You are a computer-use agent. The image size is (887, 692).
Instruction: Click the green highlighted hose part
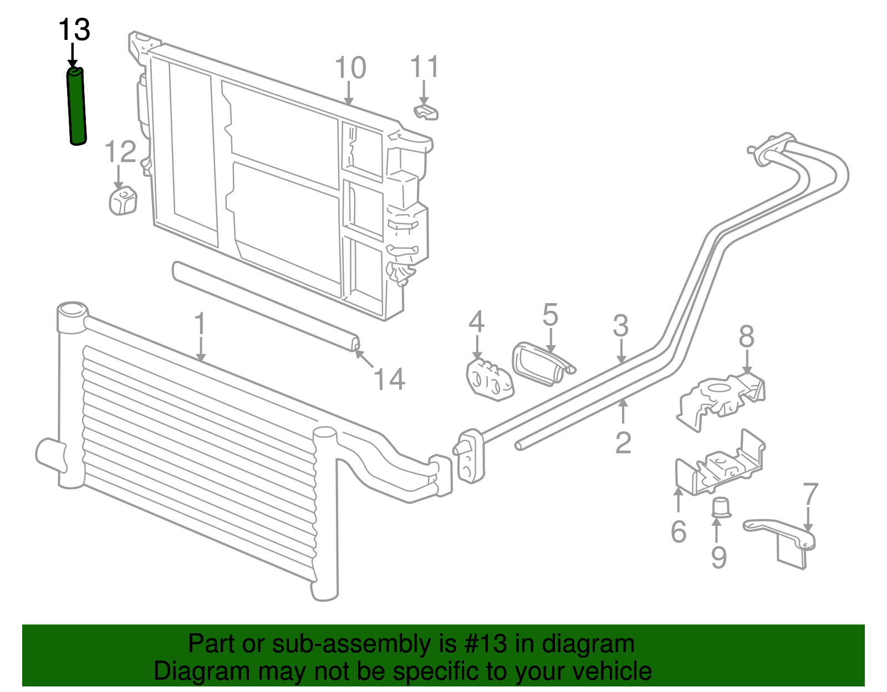click(x=77, y=106)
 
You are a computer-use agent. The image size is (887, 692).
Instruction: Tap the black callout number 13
click(x=74, y=29)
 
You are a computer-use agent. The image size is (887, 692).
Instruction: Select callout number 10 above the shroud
click(x=350, y=68)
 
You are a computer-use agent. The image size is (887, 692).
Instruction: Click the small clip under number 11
click(x=426, y=112)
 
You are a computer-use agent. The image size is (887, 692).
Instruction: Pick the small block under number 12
click(x=123, y=201)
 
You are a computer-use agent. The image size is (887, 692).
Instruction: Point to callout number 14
click(x=389, y=379)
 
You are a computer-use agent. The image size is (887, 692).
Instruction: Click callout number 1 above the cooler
click(x=200, y=324)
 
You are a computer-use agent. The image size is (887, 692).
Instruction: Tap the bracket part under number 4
click(x=490, y=379)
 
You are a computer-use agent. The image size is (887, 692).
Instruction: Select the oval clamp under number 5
click(x=541, y=364)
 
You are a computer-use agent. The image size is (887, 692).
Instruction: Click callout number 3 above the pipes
click(x=621, y=326)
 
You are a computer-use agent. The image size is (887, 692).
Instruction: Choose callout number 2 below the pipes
click(x=623, y=443)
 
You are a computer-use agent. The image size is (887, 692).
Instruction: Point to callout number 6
click(x=679, y=532)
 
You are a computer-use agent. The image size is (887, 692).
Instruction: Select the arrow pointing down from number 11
click(x=424, y=93)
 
